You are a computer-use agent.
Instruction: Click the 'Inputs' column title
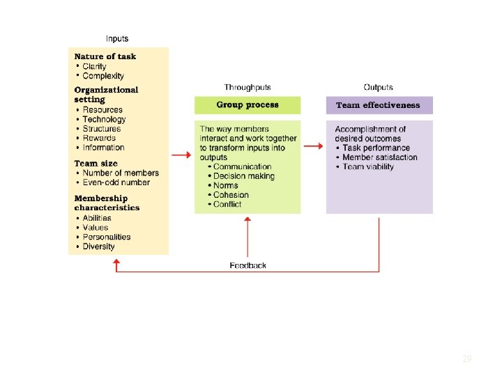(117, 39)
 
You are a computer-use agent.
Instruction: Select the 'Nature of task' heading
(105, 56)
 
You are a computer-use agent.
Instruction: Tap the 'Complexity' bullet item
(103, 76)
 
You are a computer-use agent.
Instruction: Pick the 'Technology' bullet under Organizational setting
(104, 119)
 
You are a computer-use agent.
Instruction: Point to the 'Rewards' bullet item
(99, 138)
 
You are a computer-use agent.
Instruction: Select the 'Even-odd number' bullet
(116, 182)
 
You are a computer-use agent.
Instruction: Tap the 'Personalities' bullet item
(106, 237)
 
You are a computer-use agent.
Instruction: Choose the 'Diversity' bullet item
(98, 246)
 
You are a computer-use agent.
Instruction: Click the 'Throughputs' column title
(248, 88)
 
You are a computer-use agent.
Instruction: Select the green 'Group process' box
(248, 105)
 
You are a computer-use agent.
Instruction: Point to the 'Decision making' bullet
(244, 176)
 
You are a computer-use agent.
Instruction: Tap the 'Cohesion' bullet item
(231, 195)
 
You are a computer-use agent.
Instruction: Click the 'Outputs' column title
(379, 88)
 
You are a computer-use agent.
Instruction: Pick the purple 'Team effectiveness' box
(379, 105)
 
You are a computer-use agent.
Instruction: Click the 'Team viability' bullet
(368, 167)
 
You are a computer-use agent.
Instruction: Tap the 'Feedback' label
(248, 265)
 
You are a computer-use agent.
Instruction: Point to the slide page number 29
(467, 359)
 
